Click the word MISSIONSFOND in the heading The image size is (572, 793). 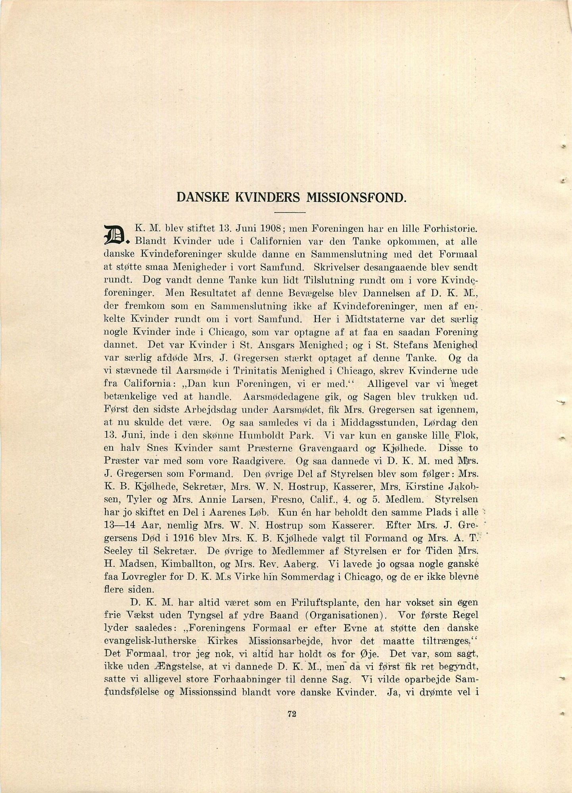click(x=355, y=197)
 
